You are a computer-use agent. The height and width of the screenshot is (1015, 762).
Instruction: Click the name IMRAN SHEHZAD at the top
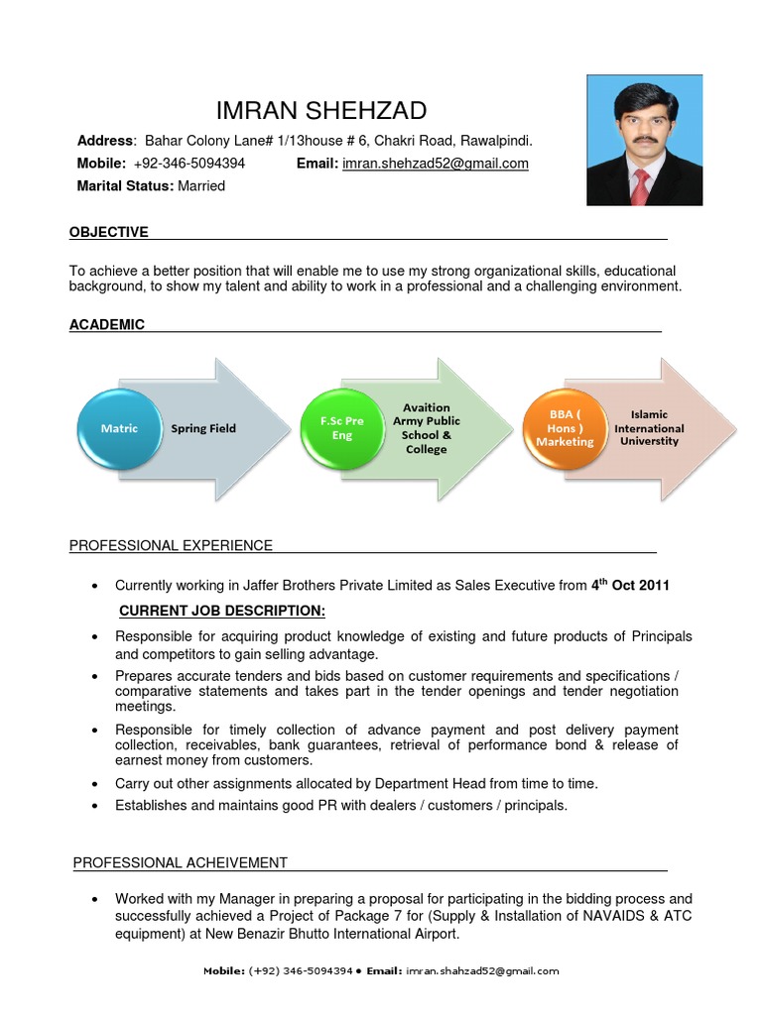(x=322, y=110)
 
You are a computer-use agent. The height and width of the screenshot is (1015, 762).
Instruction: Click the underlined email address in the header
(x=435, y=164)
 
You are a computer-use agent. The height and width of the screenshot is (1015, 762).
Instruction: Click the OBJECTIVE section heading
(x=109, y=232)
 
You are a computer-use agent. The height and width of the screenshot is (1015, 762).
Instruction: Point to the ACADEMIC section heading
(x=107, y=324)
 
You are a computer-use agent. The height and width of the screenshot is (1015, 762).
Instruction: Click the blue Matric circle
(x=119, y=428)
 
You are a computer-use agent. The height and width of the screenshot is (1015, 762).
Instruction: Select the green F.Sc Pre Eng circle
(x=341, y=428)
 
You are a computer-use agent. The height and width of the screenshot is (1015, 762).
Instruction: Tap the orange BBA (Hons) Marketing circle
(x=565, y=428)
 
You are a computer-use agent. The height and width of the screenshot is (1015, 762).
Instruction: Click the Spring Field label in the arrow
(x=203, y=429)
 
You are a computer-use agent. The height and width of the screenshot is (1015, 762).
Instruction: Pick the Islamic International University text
(x=649, y=428)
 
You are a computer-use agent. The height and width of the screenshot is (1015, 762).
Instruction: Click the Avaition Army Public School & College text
(x=427, y=428)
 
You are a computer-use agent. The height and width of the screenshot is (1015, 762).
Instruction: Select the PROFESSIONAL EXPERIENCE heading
(x=171, y=545)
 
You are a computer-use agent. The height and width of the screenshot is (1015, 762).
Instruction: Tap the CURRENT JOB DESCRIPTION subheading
(x=221, y=610)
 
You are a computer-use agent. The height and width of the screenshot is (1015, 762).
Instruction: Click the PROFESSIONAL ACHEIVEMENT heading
(x=181, y=862)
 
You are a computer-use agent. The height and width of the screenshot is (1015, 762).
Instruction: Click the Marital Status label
(x=125, y=186)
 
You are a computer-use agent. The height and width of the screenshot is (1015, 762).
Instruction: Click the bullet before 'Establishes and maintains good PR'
(x=93, y=806)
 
